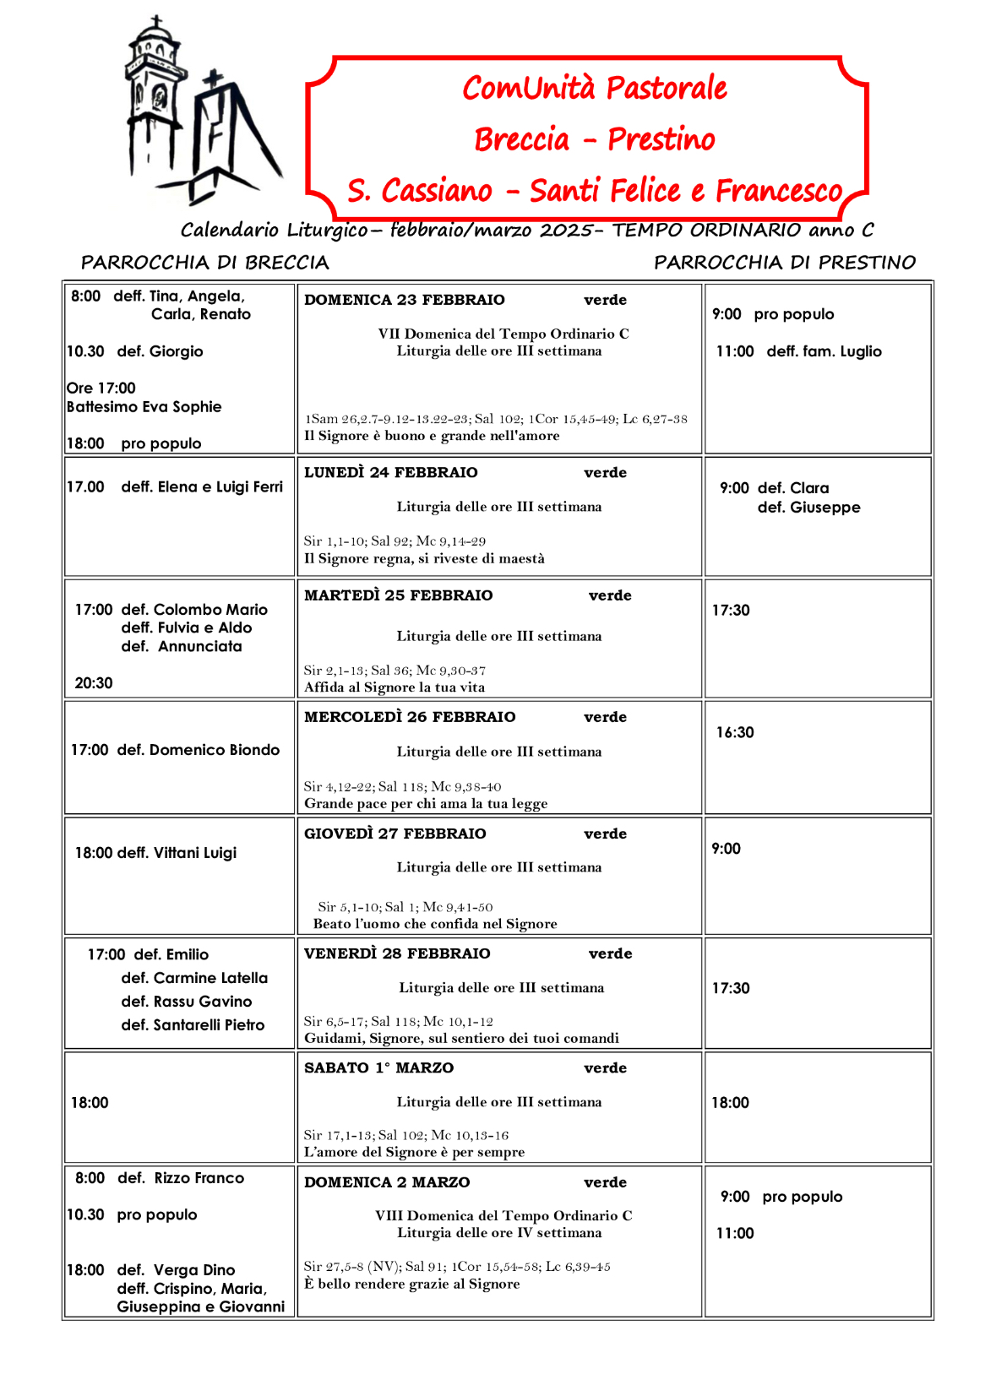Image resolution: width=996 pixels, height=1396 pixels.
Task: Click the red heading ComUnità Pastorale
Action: pyautogui.click(x=594, y=88)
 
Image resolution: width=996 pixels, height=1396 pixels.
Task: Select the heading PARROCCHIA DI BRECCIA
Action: pyautogui.click(x=204, y=263)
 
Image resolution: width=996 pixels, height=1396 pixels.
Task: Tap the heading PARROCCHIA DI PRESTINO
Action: pyautogui.click(x=784, y=263)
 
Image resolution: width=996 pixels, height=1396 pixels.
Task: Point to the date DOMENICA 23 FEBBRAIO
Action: pyautogui.click(x=404, y=300)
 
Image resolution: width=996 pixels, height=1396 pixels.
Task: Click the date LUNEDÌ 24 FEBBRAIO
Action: pyautogui.click(x=390, y=472)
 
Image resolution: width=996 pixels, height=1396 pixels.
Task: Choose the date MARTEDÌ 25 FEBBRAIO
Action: pyautogui.click(x=398, y=595)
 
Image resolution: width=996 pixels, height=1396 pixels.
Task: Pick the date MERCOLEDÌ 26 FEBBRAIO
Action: pyautogui.click(x=410, y=717)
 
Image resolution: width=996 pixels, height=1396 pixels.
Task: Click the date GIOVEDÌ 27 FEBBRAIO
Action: pyautogui.click(x=395, y=834)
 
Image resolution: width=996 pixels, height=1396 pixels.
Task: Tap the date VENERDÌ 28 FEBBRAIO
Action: pyautogui.click(x=397, y=953)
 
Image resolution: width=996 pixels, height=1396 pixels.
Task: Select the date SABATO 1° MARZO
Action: pyautogui.click(x=378, y=1067)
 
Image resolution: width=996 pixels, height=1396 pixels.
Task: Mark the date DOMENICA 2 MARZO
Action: pyautogui.click(x=387, y=1182)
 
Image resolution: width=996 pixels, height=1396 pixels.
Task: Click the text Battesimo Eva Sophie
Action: pyautogui.click(x=144, y=406)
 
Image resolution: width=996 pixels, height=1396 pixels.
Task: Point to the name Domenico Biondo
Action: pyautogui.click(x=214, y=750)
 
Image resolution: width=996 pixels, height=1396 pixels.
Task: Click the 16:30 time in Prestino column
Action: pyautogui.click(x=734, y=732)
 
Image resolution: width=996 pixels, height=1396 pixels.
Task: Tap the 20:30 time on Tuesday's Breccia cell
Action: pyautogui.click(x=93, y=683)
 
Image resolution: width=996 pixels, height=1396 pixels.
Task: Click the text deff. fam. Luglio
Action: pyautogui.click(x=824, y=351)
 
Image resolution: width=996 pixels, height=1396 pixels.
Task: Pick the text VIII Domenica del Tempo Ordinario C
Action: pyautogui.click(x=503, y=1215)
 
